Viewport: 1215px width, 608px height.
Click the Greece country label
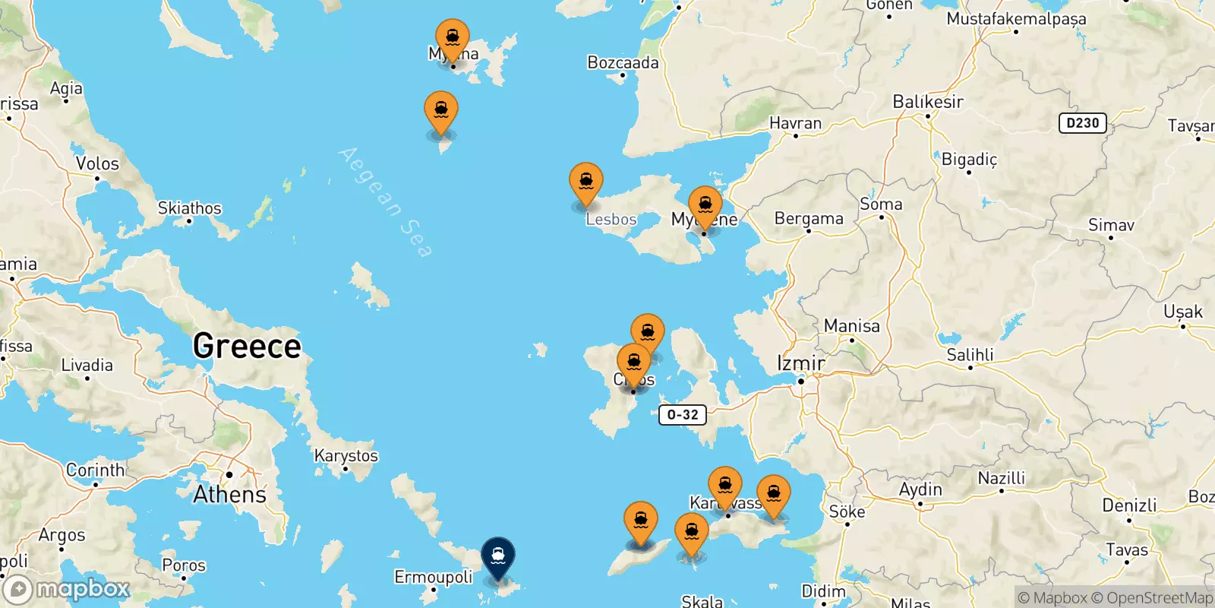pyautogui.click(x=247, y=346)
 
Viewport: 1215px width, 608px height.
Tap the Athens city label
pyautogui.click(x=229, y=494)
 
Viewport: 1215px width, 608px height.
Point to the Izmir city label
pyautogui.click(x=800, y=363)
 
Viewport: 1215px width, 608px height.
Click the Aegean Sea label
pyautogui.click(x=386, y=202)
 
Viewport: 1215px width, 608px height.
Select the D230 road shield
pyautogui.click(x=1082, y=123)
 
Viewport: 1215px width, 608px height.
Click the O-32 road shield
pyautogui.click(x=682, y=415)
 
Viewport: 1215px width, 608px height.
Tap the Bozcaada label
pyautogui.click(x=623, y=62)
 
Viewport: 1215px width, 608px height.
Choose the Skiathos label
pyautogui.click(x=189, y=207)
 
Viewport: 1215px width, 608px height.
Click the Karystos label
pyautogui.click(x=346, y=455)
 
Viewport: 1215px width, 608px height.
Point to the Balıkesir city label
pyautogui.click(x=927, y=102)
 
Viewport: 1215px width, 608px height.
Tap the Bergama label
pyautogui.click(x=809, y=219)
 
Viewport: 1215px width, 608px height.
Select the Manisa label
pyautogui.click(x=851, y=326)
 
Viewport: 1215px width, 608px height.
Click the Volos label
pyautogui.click(x=97, y=163)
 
